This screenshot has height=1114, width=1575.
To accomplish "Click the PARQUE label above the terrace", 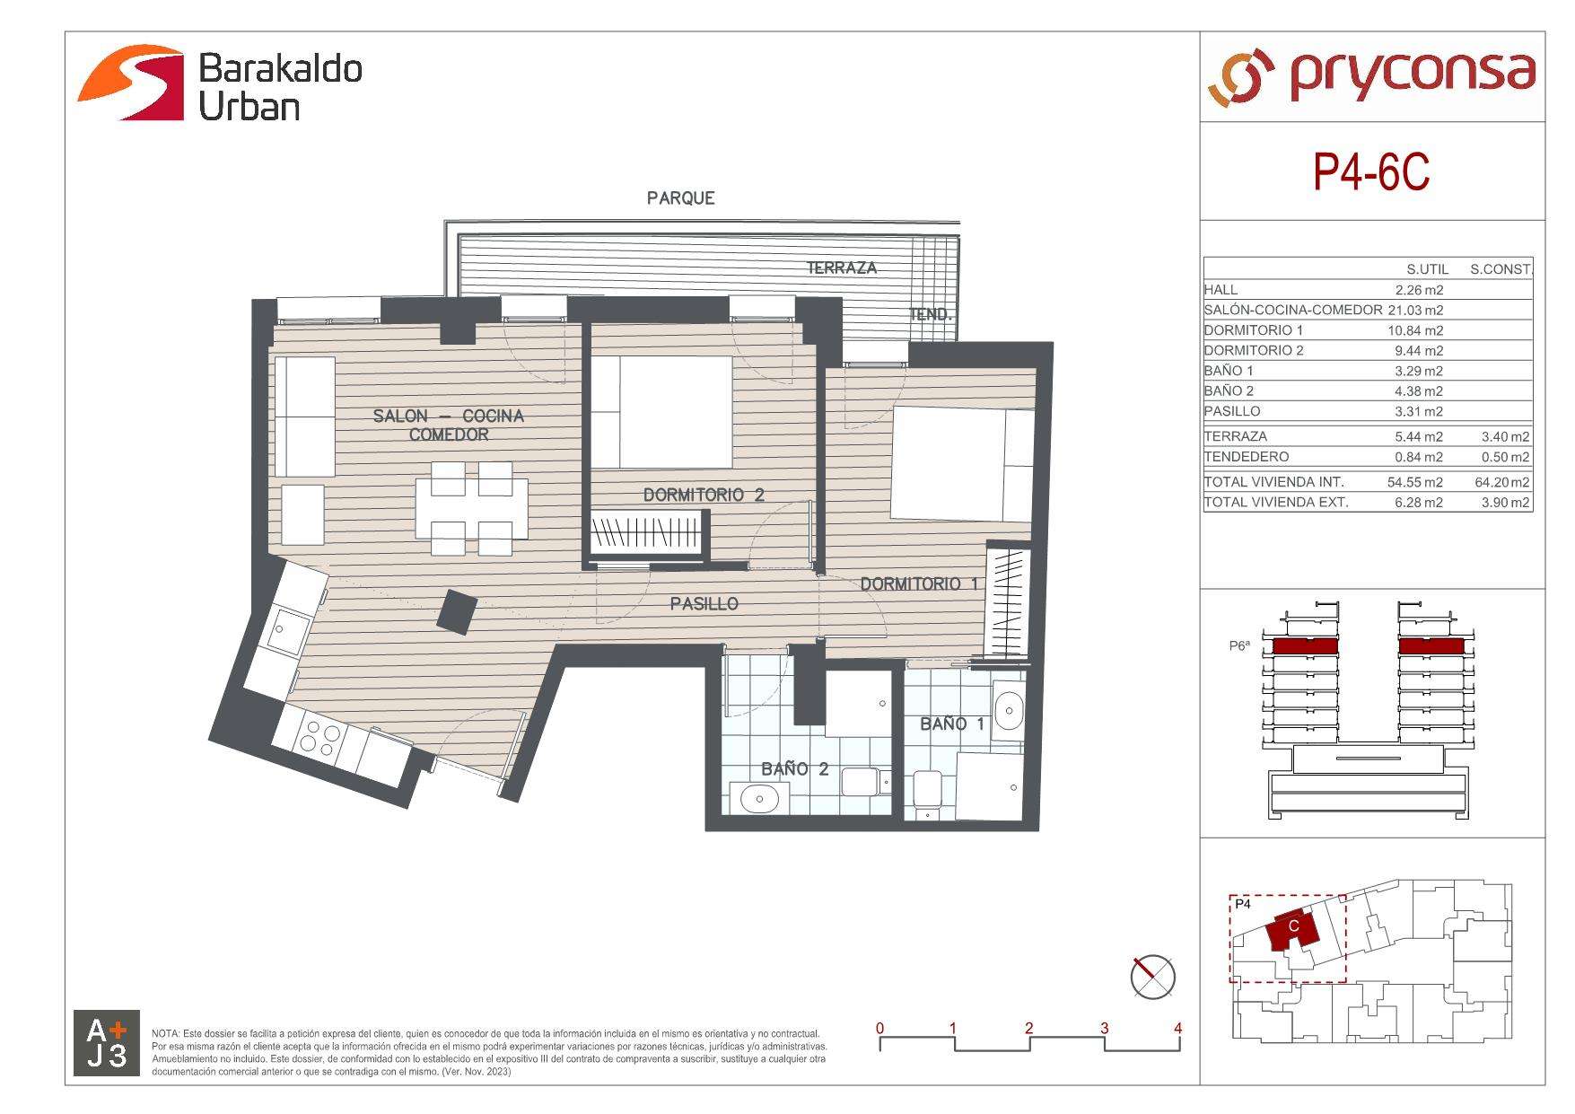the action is (680, 197).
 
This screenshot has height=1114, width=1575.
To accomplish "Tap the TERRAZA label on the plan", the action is (841, 268).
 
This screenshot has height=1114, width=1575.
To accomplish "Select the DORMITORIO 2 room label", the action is (704, 495).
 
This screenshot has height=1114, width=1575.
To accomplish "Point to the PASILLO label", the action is (704, 604).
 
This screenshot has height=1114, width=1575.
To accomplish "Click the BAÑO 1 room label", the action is (952, 724).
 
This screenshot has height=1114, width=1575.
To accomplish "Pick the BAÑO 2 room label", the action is (794, 769).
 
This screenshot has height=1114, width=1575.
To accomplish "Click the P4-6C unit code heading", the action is (1371, 172).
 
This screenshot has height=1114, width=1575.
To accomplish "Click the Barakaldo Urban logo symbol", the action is (131, 83).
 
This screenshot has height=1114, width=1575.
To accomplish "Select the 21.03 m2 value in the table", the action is (1415, 310).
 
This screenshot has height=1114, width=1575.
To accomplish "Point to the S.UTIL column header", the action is (1427, 269).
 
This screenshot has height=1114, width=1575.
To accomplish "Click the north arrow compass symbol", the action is (1152, 978).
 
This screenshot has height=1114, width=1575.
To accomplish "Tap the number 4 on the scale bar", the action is (1177, 1028).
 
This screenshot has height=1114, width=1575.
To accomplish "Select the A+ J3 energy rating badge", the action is (107, 1043).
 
